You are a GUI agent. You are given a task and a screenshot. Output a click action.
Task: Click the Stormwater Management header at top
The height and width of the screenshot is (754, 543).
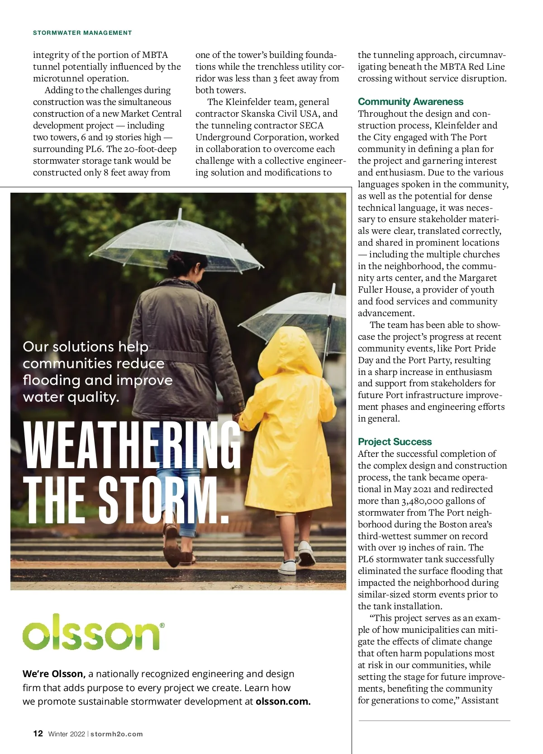point(82,33)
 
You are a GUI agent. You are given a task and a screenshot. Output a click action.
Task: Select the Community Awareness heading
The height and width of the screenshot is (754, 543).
point(410,102)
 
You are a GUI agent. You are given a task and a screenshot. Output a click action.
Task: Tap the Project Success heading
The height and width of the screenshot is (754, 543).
point(395,442)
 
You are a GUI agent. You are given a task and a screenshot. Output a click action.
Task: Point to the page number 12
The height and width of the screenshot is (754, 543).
point(38,734)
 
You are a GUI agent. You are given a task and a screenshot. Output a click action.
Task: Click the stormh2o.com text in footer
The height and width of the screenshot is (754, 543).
point(117,734)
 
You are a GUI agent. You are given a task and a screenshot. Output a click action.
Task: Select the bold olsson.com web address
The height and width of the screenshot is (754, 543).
point(283,702)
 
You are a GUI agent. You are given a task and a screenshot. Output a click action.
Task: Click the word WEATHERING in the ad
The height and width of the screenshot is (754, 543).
point(131,446)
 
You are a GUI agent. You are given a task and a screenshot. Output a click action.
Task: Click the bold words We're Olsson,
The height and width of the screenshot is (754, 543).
point(54,674)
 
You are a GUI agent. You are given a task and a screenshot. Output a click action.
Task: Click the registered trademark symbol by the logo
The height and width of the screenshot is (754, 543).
point(162,626)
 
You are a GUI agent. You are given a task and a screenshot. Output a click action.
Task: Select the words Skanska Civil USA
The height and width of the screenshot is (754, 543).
point(282,114)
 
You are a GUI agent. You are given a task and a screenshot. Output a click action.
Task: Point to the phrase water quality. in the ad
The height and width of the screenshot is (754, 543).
point(71,397)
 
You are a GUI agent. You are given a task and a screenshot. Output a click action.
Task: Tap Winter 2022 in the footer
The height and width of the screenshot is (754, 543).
point(67,734)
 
